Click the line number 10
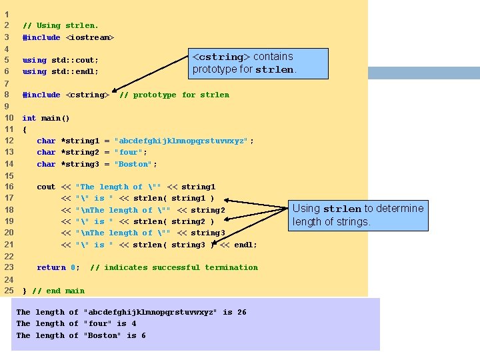click(9, 118)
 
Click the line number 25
click(9, 291)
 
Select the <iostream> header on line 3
click(90, 37)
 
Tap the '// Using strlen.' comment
click(60, 25)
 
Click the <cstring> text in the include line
click(87, 95)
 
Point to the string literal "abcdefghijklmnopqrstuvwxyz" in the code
click(181, 141)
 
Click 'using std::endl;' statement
click(60, 71)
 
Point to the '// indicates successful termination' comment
click(173, 267)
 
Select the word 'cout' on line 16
click(46, 187)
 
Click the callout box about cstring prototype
click(260, 63)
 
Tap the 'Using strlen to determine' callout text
click(358, 209)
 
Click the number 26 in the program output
click(241, 312)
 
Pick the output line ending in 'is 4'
click(76, 323)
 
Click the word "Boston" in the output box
click(105, 335)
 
